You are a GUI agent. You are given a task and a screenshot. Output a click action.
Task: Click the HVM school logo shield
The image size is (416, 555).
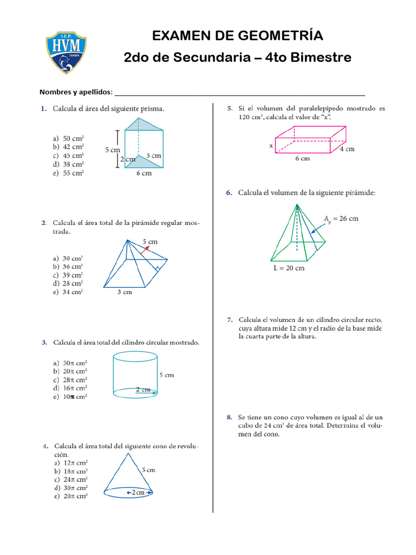tap(66, 52)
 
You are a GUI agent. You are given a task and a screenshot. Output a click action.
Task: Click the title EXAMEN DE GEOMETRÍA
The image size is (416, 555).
tap(237, 36)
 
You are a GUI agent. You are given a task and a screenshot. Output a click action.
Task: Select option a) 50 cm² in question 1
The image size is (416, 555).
tap(68, 138)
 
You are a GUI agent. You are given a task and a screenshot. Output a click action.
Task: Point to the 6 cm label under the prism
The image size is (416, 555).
tap(144, 173)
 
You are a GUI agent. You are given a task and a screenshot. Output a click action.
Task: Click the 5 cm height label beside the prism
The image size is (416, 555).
tap(112, 150)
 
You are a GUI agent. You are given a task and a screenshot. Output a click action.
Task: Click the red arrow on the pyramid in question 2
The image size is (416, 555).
tap(145, 249)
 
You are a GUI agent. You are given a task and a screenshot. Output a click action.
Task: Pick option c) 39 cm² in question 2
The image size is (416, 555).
tap(68, 275)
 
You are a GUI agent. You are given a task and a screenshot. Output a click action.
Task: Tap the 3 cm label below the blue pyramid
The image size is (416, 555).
tap(125, 293)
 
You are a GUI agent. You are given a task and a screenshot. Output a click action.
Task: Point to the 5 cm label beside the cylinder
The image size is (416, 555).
tap(167, 375)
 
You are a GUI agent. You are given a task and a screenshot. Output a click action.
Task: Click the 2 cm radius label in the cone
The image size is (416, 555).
tap(138, 492)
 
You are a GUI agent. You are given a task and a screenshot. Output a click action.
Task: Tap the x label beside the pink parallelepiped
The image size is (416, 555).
tap(271, 146)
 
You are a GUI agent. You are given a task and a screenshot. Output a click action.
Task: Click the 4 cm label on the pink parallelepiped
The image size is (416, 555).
tap(347, 149)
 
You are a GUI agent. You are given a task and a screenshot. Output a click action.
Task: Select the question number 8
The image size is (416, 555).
tap(230, 417)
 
